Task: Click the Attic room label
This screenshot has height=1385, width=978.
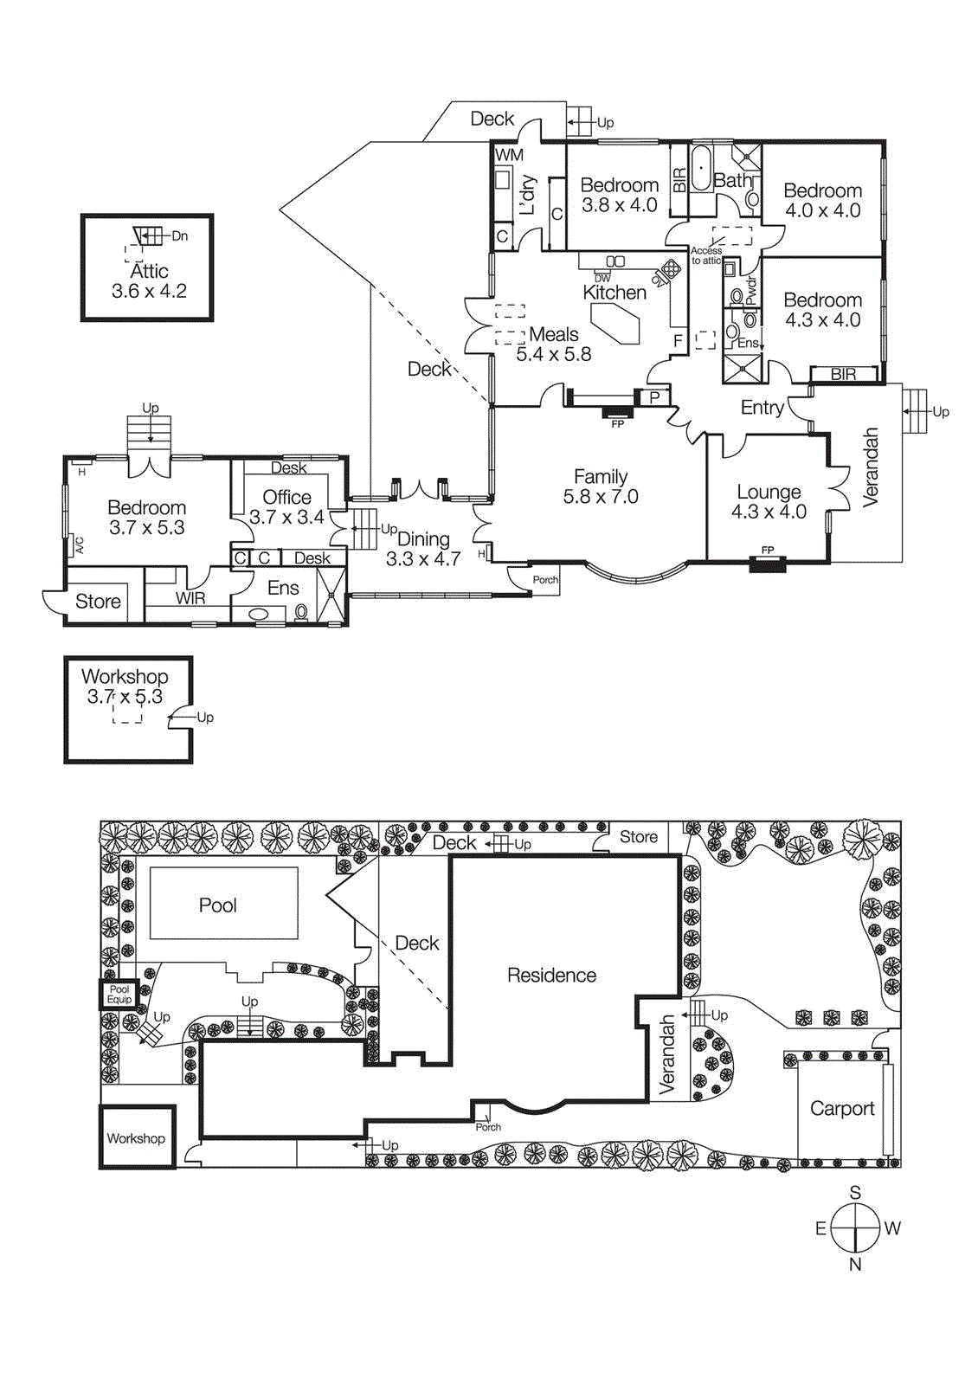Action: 148,271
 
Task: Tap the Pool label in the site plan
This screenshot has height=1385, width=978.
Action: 217,905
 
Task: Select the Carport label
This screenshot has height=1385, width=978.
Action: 841,1109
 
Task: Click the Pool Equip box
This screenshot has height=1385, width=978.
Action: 119,995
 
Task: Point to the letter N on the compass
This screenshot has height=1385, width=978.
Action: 855,1265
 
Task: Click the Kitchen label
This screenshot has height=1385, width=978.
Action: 614,293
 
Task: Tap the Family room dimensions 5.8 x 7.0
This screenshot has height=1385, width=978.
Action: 601,497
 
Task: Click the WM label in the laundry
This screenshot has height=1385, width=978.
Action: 509,155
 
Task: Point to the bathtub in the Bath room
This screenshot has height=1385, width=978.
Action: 700,169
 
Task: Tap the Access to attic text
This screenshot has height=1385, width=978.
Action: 706,255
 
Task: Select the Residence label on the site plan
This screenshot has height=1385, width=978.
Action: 551,976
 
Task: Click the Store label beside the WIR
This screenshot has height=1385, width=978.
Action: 98,602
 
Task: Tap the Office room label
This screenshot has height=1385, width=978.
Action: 286,497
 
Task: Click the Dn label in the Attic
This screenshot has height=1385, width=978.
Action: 179,235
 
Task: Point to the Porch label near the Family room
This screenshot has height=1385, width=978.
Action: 545,580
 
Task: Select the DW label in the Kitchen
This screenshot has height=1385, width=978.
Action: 602,278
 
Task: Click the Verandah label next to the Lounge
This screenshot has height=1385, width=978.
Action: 871,467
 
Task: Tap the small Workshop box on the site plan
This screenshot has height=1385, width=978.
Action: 136,1138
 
